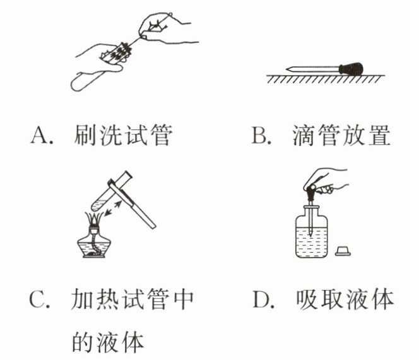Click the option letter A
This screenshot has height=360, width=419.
pos(39,135)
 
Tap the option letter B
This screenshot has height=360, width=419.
pos(260,135)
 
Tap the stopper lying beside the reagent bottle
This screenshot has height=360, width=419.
pos(343,251)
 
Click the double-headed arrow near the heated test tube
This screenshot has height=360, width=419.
pos(112,208)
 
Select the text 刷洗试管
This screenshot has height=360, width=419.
pos(122,135)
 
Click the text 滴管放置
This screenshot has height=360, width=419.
pos(341,135)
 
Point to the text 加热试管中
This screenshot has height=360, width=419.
pos(133,299)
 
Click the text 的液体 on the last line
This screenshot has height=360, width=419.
pos(108,342)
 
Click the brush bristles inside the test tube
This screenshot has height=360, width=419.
pos(117,52)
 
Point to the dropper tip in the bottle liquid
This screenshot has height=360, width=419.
pos(310,232)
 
